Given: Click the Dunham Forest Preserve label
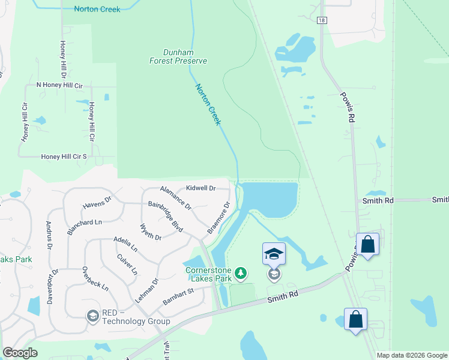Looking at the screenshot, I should pos(178,56).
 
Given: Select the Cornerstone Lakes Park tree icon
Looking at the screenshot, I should pos(240,274).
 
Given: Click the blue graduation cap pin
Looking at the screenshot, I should pos(274,254).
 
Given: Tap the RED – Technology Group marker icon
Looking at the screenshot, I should pos(92,316).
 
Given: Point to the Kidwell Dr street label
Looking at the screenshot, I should pos(200,188).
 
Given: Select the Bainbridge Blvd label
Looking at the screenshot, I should pos(166,212).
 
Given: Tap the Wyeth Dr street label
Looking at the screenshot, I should pos(151,233).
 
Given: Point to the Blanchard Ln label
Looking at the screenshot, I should pos(85,222).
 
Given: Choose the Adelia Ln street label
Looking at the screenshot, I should pos(125,244).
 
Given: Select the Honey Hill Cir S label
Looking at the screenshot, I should pos(64,157).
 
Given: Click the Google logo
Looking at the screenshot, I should pos(20,353).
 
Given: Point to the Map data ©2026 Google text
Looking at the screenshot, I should pos(412,355).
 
